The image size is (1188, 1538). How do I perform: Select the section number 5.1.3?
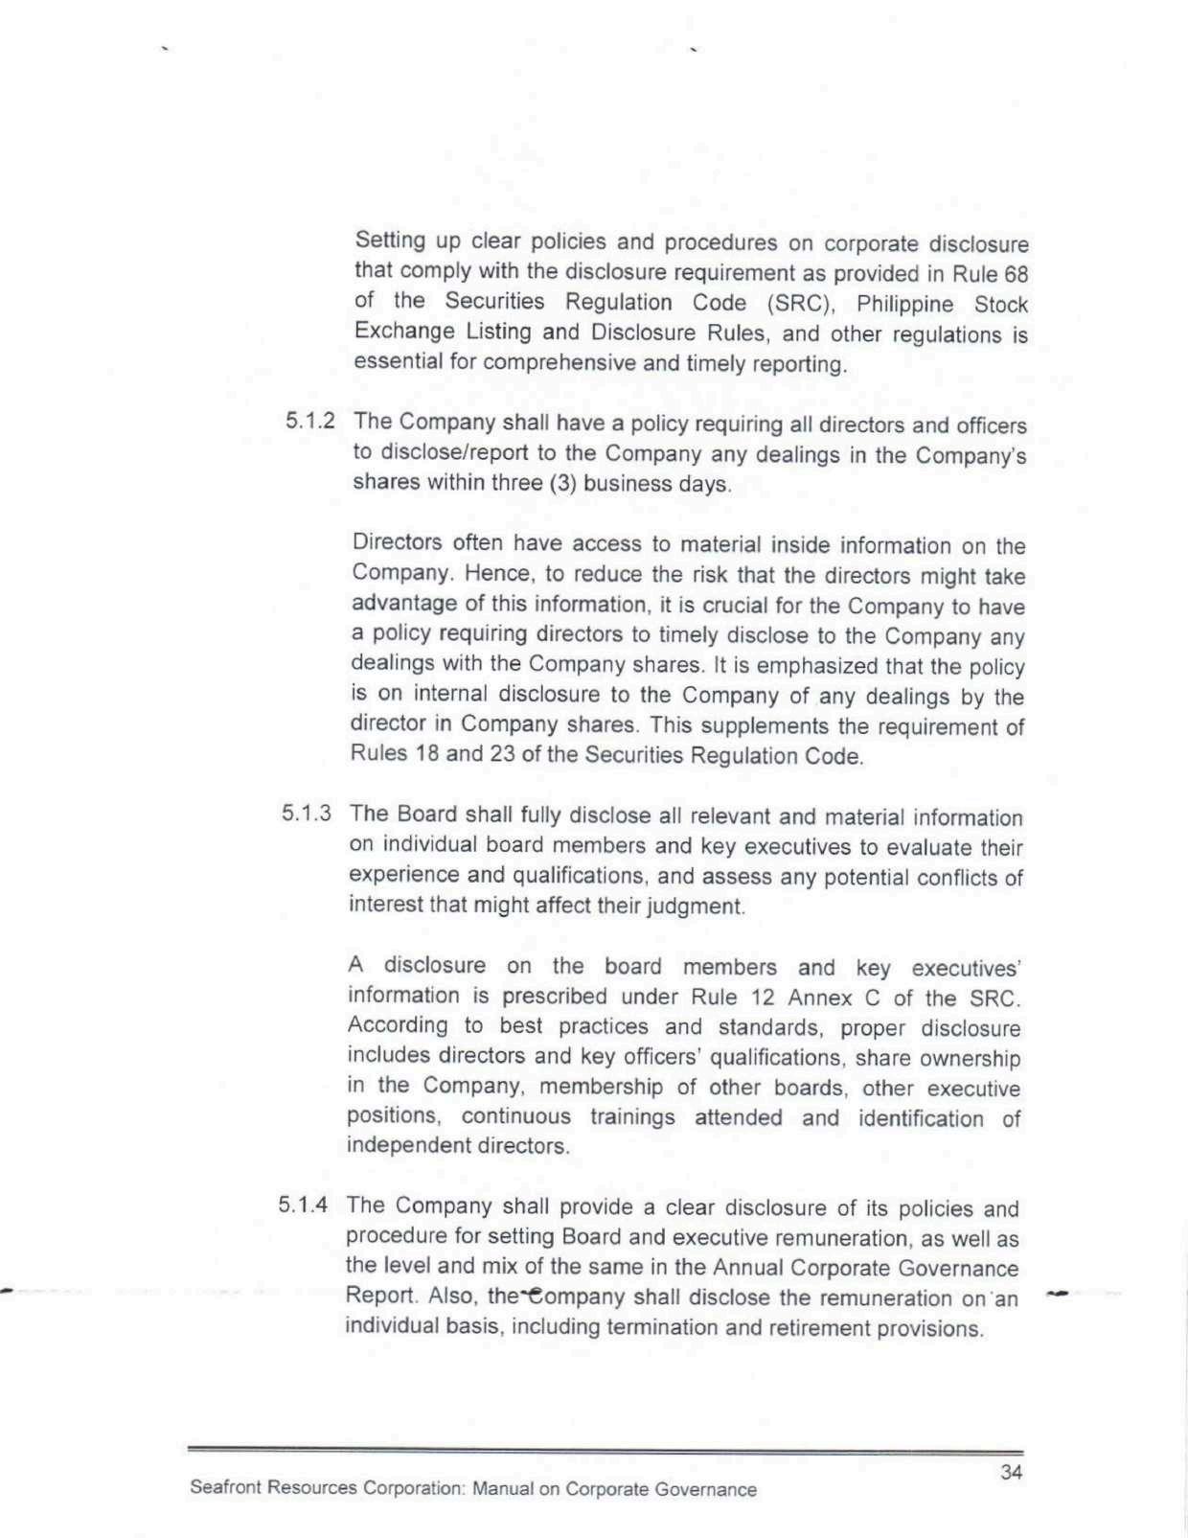(307, 814)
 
